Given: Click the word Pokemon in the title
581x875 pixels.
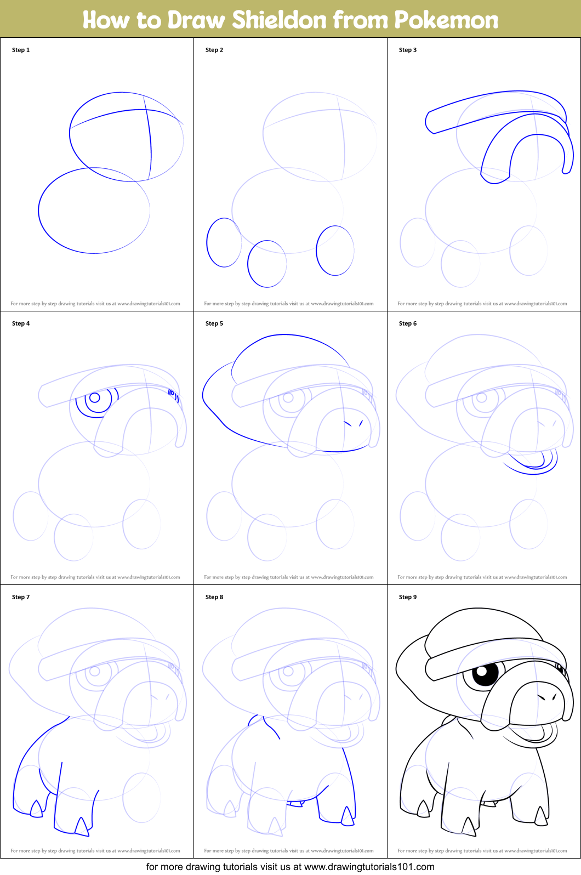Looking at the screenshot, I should coord(446,20).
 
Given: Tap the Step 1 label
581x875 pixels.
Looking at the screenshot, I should coord(21,50).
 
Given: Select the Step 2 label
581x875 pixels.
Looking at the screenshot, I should coord(214,50).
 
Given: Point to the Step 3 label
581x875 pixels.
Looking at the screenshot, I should coord(408,50).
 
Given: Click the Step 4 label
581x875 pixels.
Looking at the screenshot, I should coord(21,323).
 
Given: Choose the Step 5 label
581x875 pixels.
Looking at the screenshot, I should coord(214,323).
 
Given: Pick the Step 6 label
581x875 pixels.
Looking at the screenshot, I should coord(408,323).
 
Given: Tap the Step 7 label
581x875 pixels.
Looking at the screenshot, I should coord(21,597).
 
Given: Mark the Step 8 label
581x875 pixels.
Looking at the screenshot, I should coord(214,597).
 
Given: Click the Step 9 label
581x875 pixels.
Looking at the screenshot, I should coord(408,597).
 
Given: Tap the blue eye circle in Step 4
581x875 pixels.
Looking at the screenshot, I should coord(95,397).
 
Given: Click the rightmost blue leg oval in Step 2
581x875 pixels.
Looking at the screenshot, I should coord(335,251).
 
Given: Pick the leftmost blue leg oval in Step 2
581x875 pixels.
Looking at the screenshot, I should coord(224,242).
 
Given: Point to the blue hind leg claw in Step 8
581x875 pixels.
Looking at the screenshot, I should coord(348,816).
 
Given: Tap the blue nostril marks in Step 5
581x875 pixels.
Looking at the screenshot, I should coord(354,423).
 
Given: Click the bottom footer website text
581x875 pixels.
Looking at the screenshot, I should coord(290,867).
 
